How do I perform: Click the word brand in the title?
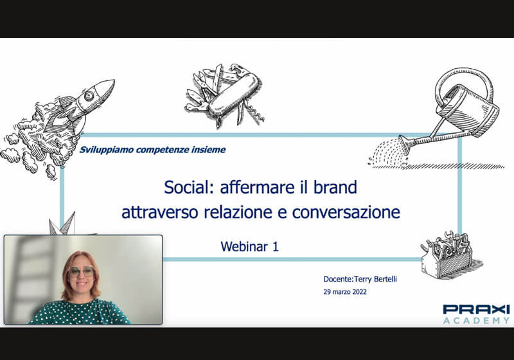coord(335,187)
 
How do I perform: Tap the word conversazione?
coord(346,212)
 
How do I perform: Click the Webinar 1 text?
coord(250,247)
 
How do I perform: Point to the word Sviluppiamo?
coord(107,150)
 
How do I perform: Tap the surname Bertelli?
coord(385,279)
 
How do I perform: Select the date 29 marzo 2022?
coord(345,292)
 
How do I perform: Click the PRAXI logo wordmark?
coord(476,309)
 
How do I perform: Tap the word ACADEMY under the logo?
coord(476,320)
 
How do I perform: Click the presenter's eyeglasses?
coord(81,271)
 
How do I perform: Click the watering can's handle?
coord(464,86)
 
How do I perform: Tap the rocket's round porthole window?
coord(89,96)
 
